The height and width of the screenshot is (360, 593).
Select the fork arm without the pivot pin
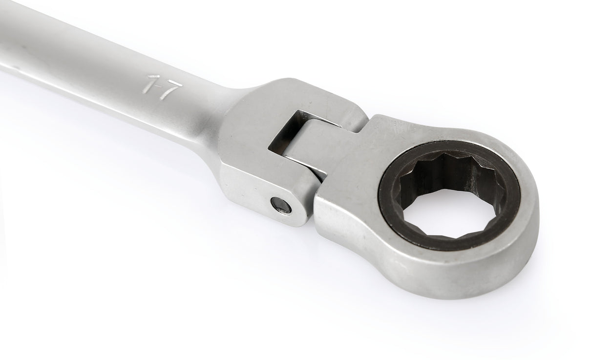click(x=313, y=98)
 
